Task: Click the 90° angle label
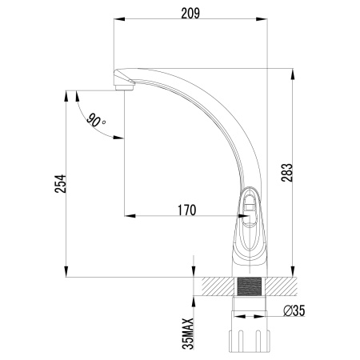tap(96, 122)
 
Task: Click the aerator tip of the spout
tap(122, 83)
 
